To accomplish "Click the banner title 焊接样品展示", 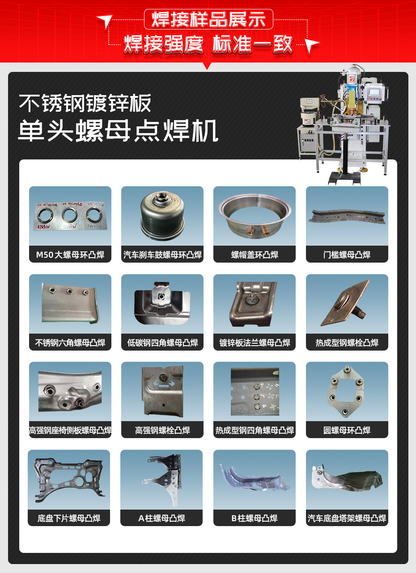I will pos(208,20).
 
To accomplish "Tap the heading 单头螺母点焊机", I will pos(118,131).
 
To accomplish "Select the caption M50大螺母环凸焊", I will pos(70,255).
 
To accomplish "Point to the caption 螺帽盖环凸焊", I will pos(255,255).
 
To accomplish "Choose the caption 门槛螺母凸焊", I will pos(347,255).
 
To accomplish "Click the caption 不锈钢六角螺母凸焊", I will pos(70,343).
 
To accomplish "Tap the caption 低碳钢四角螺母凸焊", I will pos(162,343).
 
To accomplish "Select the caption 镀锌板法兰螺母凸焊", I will pos(255,343).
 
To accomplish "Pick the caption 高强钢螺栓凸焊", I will pos(162,431).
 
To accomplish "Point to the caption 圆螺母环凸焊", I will pos(347,431).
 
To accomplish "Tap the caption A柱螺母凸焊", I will pos(161,519).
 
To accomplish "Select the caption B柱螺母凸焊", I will pos(255,519).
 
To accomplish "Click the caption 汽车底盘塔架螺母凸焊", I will pos(347,519).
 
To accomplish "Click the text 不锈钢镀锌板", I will pos(85,104).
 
